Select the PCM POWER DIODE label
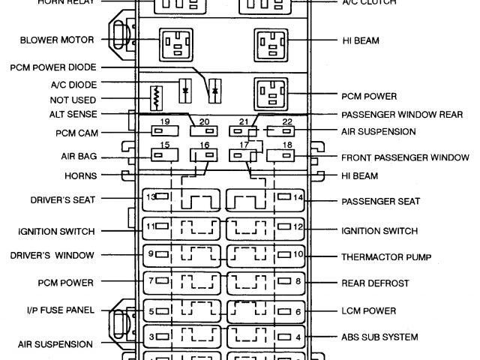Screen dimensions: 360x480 (x=52, y=68)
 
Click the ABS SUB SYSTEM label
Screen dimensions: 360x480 (x=378, y=337)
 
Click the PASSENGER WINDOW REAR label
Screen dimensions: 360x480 (x=391, y=115)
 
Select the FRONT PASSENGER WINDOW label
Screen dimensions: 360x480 (x=394, y=159)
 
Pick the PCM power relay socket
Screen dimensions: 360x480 (x=271, y=95)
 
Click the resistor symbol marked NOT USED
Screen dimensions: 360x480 (x=157, y=97)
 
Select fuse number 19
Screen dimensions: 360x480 (x=163, y=130)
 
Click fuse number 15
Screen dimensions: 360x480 (x=163, y=154)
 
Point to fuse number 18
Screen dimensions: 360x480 (x=287, y=155)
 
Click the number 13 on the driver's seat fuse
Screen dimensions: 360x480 (x=150, y=197)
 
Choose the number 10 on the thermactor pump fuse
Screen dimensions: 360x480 (x=298, y=255)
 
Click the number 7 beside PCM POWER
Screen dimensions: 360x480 (x=150, y=282)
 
